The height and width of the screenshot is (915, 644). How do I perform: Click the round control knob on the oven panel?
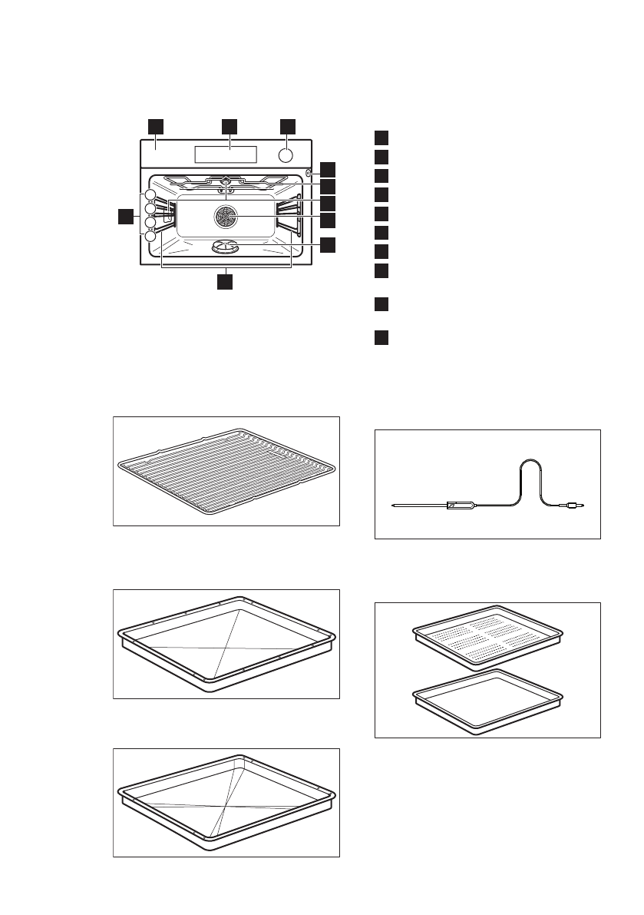tap(285, 155)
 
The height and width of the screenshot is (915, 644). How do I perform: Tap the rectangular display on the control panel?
tap(226, 154)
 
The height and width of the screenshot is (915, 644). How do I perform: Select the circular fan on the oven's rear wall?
tap(226, 217)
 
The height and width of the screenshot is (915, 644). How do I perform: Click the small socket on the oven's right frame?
tap(309, 174)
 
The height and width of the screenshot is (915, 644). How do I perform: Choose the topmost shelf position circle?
tap(150, 195)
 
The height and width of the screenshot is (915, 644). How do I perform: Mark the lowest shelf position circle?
tap(150, 237)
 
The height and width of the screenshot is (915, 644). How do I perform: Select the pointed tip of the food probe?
tap(392, 506)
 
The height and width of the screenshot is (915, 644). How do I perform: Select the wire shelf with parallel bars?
tap(226, 469)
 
